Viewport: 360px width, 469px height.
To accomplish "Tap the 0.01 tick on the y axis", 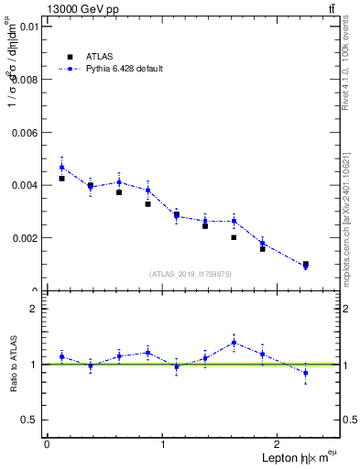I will pyautogui.click(x=27, y=27).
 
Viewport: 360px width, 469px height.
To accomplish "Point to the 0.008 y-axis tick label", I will pyautogui.click(x=24, y=80).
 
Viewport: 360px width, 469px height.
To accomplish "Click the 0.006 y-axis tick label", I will pyautogui.click(x=24, y=133).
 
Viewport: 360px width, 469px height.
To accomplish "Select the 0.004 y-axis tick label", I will pyautogui.click(x=24, y=185).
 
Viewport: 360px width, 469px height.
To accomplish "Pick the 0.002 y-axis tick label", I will pyautogui.click(x=24, y=238).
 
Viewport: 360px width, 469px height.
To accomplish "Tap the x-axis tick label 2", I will pyautogui.click(x=280, y=444).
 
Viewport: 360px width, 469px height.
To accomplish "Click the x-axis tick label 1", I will pyautogui.click(x=163, y=444).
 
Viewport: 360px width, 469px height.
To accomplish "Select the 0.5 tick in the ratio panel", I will pyautogui.click(x=29, y=420).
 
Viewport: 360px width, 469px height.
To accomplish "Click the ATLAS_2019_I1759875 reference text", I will pyautogui.click(x=191, y=274).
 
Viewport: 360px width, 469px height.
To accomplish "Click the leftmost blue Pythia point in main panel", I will pyautogui.click(x=61, y=167).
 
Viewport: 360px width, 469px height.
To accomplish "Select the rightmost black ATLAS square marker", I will pyautogui.click(x=306, y=264).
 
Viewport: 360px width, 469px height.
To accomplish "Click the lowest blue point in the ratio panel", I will pyautogui.click(x=306, y=373).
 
